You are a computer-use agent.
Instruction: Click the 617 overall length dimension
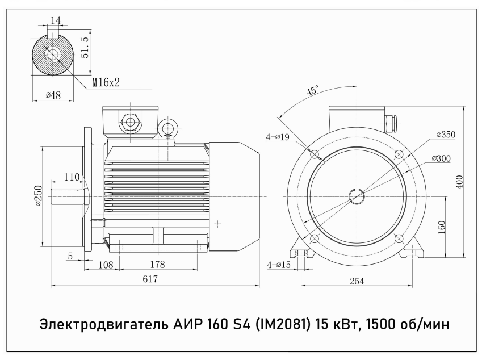150,279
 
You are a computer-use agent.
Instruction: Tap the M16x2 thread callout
106,82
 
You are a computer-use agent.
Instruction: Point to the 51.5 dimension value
85,47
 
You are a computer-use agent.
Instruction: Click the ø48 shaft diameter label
53,95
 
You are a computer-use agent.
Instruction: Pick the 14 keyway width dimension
55,20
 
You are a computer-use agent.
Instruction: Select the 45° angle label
313,90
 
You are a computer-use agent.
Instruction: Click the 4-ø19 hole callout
278,137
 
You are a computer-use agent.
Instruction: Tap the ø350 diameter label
446,135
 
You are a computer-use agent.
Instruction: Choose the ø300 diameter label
441,158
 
